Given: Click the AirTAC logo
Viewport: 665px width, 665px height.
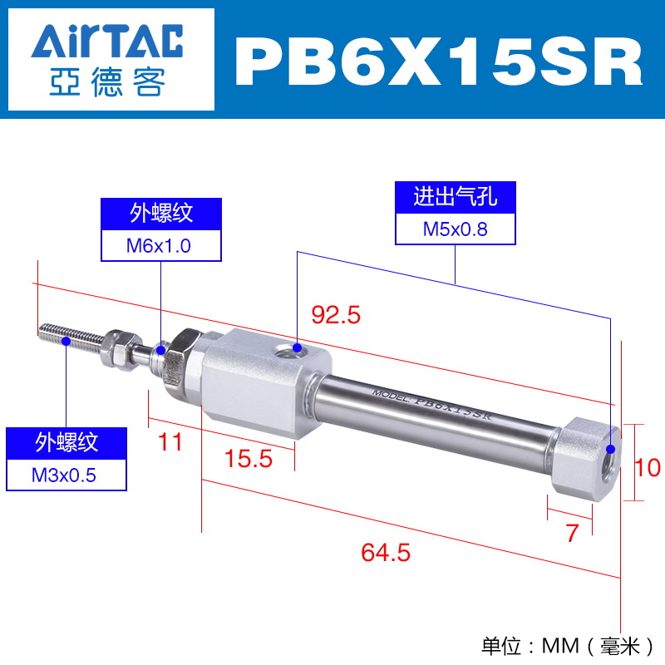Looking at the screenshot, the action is tap(107, 59).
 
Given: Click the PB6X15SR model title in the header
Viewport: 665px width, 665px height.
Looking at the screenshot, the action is tap(439, 61).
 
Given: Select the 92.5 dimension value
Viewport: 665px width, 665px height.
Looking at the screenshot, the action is tap(336, 315).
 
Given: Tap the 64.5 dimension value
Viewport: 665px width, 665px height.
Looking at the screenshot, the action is tap(386, 552).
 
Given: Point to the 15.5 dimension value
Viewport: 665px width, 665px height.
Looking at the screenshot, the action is tap(248, 459).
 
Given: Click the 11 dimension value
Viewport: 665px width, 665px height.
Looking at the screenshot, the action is tap(170, 442).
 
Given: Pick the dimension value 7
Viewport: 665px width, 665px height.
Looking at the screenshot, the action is tap(572, 533).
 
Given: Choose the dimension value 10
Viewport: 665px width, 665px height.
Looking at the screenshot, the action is tap(648, 467).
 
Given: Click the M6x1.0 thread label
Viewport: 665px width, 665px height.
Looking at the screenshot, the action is tap(159, 246).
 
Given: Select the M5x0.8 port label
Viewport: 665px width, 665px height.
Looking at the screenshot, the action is tap(455, 229).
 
